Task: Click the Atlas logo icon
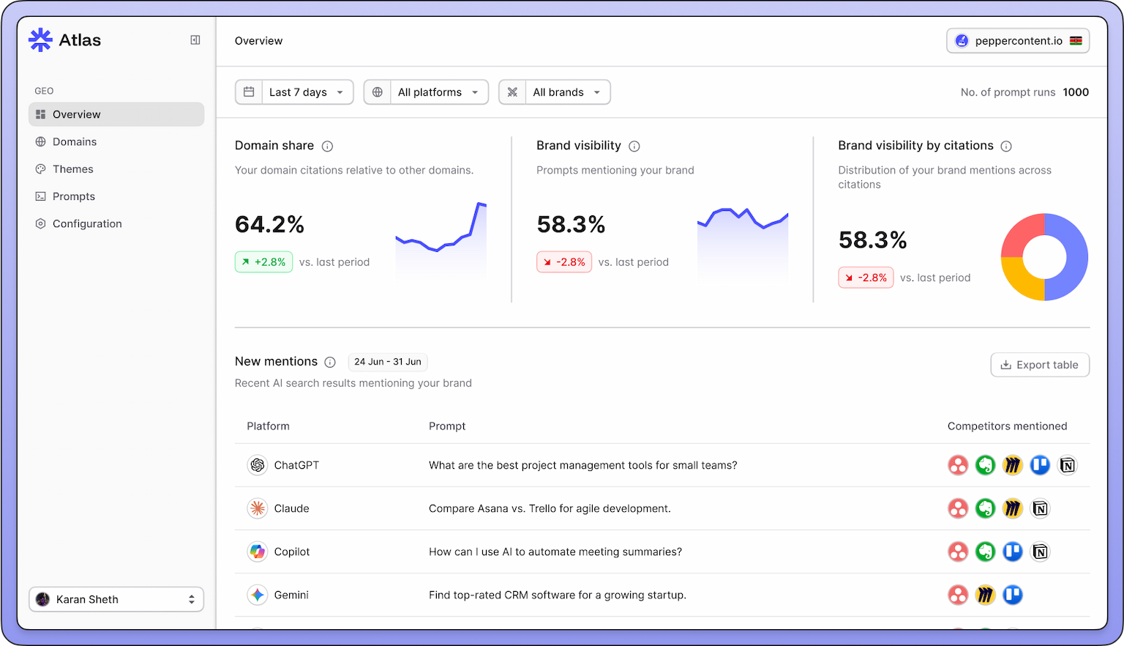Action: (x=40, y=40)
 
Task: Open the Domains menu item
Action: (x=75, y=142)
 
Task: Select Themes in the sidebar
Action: (x=73, y=169)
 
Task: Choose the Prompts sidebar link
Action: (x=74, y=196)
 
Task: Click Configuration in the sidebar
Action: (x=87, y=224)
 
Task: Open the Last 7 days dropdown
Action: (x=294, y=92)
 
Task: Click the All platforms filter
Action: (x=426, y=92)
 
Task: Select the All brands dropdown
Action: (x=555, y=92)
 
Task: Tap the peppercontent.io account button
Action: (x=1018, y=41)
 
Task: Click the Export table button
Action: (x=1040, y=365)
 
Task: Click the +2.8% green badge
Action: (x=263, y=262)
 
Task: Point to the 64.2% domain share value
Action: (x=269, y=225)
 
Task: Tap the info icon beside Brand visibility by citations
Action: (x=1006, y=146)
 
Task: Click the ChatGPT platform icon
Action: (x=258, y=465)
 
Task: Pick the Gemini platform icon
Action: (x=258, y=595)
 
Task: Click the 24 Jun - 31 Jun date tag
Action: (x=388, y=362)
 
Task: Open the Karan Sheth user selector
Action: (x=116, y=599)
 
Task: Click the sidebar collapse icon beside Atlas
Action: (x=195, y=40)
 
